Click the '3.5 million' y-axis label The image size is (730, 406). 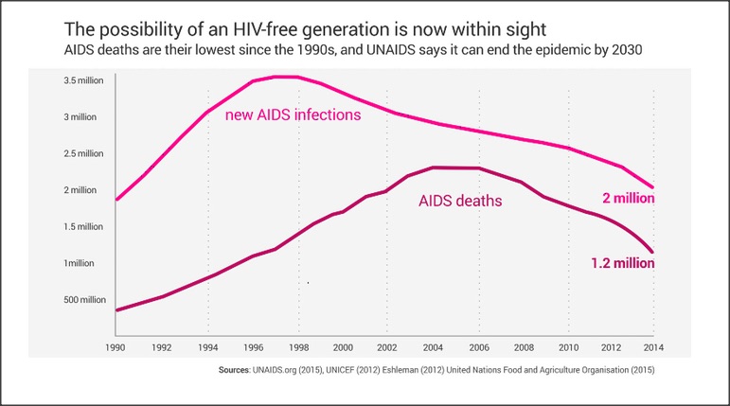tap(82, 80)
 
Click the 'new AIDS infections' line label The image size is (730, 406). tap(294, 116)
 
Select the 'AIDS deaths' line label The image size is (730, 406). tap(460, 201)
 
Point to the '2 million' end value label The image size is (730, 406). tap(629, 200)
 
